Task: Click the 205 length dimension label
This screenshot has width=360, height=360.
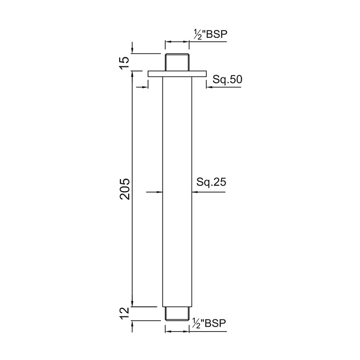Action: (125, 189)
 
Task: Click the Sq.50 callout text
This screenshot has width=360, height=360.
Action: (228, 80)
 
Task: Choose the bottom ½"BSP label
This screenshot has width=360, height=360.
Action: (209, 323)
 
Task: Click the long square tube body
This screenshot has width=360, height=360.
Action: (177, 189)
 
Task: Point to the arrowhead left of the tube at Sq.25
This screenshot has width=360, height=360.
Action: (159, 192)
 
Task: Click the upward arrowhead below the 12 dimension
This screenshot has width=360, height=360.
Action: (133, 325)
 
